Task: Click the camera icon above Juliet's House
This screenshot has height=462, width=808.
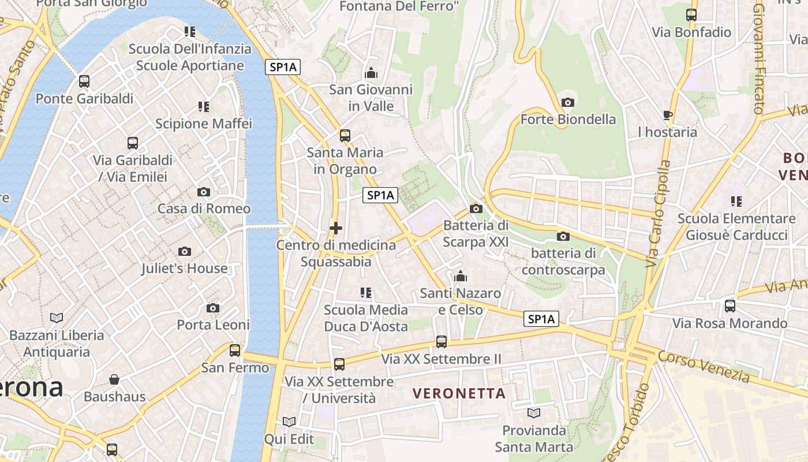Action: (185, 251)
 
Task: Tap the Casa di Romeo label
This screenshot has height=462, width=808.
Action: (204, 208)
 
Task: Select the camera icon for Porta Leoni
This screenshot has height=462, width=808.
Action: (213, 308)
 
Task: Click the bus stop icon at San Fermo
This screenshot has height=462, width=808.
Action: (235, 350)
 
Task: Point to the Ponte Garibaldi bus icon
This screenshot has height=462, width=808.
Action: (84, 81)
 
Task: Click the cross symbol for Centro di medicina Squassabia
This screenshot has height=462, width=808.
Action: (336, 228)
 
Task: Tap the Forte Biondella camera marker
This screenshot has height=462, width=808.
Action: (568, 102)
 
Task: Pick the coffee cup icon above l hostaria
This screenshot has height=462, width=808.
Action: (668, 115)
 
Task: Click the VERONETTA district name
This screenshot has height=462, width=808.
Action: (459, 394)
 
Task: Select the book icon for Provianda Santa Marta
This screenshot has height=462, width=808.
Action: (534, 413)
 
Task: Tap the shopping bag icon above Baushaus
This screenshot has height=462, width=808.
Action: (114, 379)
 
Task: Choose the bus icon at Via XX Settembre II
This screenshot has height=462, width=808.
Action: (442, 342)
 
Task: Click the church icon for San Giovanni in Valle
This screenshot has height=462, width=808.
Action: (371, 73)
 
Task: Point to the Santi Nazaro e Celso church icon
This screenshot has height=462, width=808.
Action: (460, 277)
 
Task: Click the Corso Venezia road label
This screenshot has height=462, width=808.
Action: (704, 366)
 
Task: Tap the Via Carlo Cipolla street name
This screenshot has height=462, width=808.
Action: (658, 214)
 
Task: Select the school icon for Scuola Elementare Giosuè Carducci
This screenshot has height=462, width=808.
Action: (736, 202)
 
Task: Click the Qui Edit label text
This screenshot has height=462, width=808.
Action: (289, 439)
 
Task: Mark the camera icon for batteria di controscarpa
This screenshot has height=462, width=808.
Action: (563, 236)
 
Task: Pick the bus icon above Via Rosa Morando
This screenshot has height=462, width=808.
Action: (730, 306)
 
